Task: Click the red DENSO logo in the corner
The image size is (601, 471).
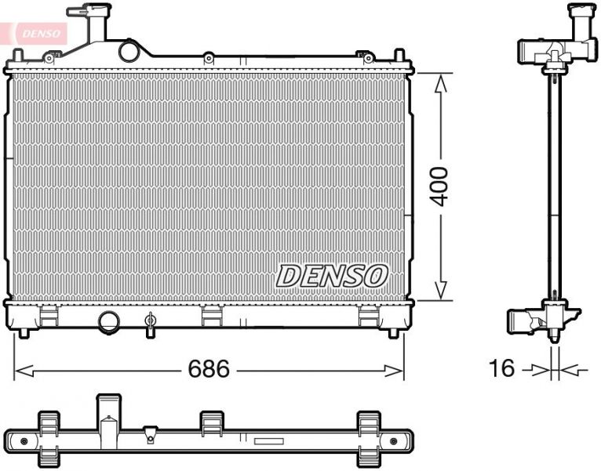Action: click(x=35, y=33)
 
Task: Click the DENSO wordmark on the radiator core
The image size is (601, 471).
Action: click(x=332, y=275)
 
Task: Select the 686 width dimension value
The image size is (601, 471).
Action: click(x=208, y=369)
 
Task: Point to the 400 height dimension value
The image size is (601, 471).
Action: click(x=441, y=186)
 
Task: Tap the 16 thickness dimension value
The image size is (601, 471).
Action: click(x=502, y=368)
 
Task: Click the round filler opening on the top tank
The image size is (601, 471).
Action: click(x=128, y=51)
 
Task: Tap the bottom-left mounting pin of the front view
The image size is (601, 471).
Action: click(x=24, y=332)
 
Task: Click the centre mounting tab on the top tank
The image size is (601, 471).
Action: click(x=208, y=57)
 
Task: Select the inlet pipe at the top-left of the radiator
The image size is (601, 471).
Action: click(x=90, y=24)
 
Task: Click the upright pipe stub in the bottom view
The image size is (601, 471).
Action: click(x=107, y=412)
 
